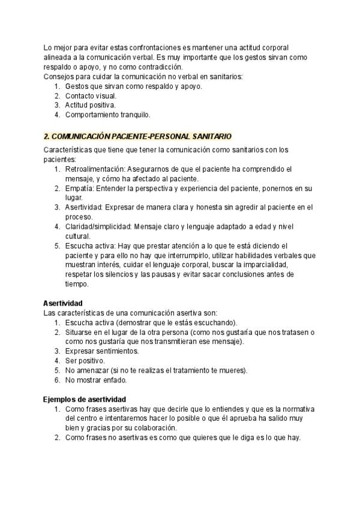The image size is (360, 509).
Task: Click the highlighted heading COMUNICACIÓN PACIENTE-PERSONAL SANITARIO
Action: pyautogui.click(x=137, y=137)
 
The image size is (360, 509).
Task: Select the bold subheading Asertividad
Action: pyautogui.click(x=63, y=303)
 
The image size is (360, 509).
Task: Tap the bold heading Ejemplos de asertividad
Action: pyautogui.click(x=83, y=399)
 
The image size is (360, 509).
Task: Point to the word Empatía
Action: pyautogui.click(x=79, y=188)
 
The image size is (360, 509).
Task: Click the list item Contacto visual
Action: pyautogui.click(x=91, y=95)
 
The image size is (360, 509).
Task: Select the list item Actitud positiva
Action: pyautogui.click(x=90, y=105)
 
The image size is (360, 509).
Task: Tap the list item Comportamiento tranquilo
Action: pyautogui.click(x=108, y=114)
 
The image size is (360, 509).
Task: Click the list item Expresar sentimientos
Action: pyautogui.click(x=101, y=351)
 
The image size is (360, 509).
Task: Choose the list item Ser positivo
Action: pyautogui.click(x=85, y=361)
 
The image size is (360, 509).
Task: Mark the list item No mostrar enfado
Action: pyautogui.click(x=95, y=380)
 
